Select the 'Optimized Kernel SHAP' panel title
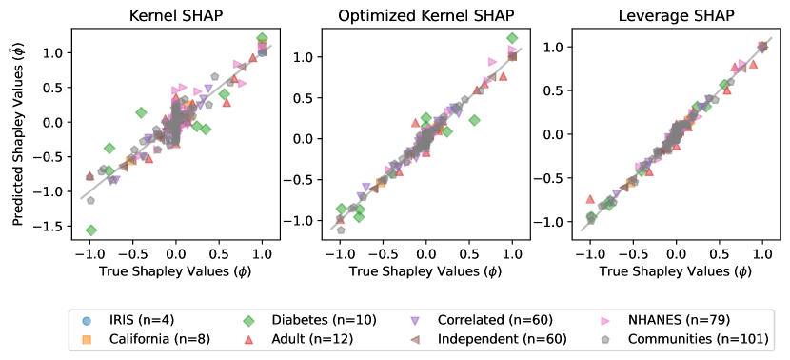tap(425, 16)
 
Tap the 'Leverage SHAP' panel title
tap(674, 16)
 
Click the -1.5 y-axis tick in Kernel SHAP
tap(54, 227)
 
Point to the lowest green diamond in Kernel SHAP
tap(91, 230)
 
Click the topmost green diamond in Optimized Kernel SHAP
tap(512, 38)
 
